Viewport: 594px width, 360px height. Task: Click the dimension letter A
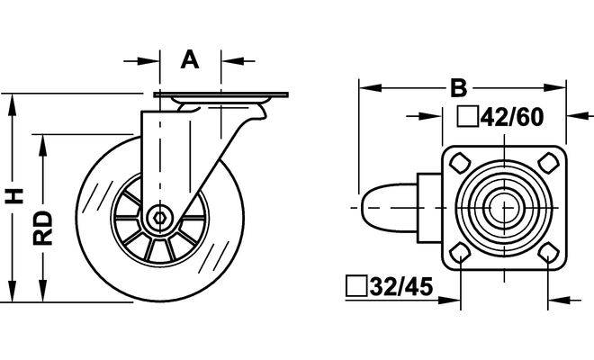click(189, 60)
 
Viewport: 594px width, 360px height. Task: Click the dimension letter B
click(458, 88)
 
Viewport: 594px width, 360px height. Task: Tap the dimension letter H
click(14, 196)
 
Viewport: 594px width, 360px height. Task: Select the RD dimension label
click(42, 228)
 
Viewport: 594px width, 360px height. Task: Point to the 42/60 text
click(512, 117)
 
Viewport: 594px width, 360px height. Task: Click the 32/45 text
click(401, 286)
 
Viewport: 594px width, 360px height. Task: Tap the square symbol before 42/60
click(467, 116)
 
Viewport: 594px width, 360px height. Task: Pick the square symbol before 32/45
click(356, 285)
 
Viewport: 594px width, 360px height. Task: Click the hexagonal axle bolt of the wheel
click(159, 218)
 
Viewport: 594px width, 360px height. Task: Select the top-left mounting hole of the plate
click(460, 163)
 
